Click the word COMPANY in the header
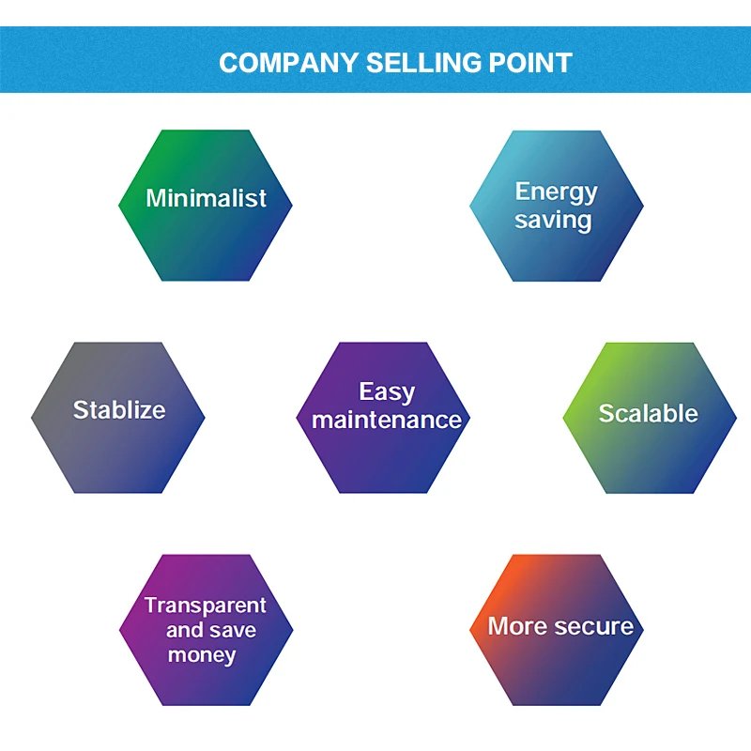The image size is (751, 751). click(288, 63)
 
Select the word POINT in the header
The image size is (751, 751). click(531, 63)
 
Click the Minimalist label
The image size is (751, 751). click(206, 198)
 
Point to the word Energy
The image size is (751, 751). click(556, 192)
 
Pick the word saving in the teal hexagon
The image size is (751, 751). click(553, 221)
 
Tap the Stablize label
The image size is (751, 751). click(119, 409)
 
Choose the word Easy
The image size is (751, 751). click(387, 391)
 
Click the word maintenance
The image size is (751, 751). click(387, 420)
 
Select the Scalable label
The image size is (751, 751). click(649, 413)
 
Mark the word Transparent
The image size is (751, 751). click(206, 605)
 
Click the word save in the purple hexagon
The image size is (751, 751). click(233, 630)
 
